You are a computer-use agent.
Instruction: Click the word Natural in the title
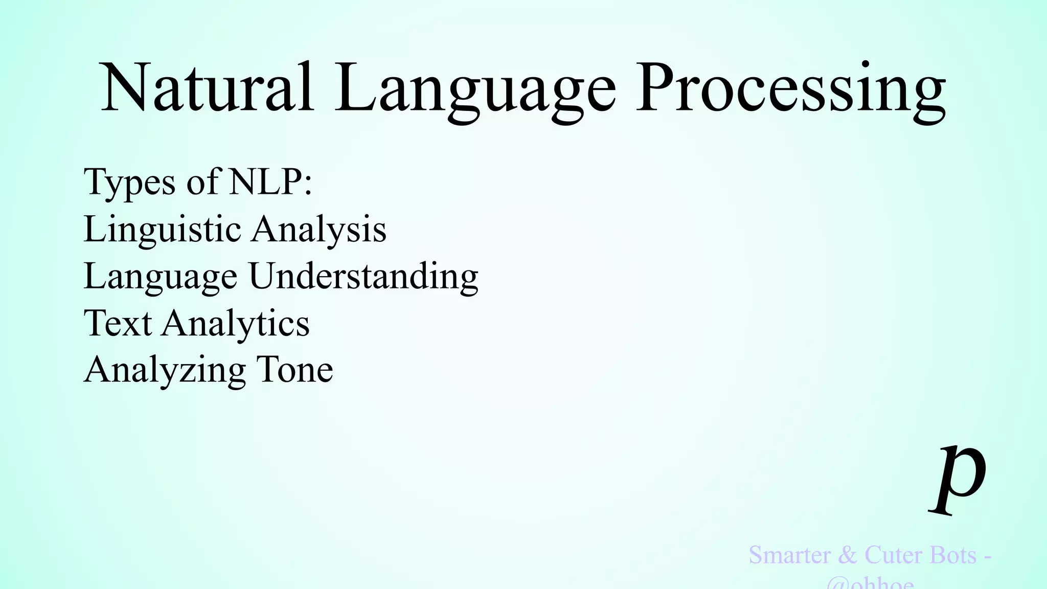[207, 88]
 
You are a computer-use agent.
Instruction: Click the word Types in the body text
[130, 183]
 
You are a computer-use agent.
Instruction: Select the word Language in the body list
[160, 277]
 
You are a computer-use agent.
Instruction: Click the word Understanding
[363, 277]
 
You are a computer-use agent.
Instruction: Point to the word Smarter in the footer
[789, 555]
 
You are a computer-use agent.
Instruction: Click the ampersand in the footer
[848, 555]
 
